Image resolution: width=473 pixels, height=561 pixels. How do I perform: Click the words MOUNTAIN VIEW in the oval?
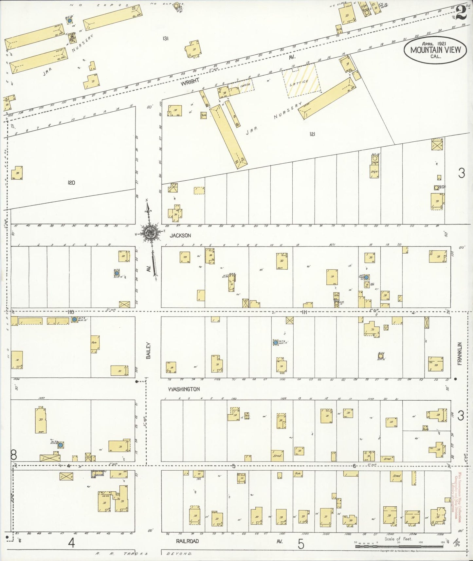pyautogui.click(x=435, y=50)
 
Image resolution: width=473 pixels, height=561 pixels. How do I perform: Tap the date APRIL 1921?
pyautogui.click(x=435, y=43)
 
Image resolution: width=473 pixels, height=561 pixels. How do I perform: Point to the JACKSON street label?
pyautogui.click(x=180, y=235)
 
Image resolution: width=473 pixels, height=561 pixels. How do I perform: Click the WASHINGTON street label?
pyautogui.click(x=184, y=389)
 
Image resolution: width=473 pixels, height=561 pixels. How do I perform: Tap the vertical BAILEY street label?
pyautogui.click(x=149, y=351)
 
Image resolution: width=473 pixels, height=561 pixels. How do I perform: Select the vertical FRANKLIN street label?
pyautogui.click(x=460, y=354)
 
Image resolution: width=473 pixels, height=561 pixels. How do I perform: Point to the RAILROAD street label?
pyautogui.click(x=187, y=541)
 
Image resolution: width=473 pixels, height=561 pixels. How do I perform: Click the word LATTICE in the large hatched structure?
pyautogui.click(x=299, y=81)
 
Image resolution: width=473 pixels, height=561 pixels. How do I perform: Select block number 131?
pyautogui.click(x=165, y=39)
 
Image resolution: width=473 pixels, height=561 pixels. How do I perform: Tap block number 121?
pyautogui.click(x=312, y=134)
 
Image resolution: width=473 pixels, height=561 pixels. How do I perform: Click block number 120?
pyautogui.click(x=71, y=183)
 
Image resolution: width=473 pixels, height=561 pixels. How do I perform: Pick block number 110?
pyautogui.click(x=70, y=312)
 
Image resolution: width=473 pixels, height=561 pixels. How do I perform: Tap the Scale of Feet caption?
pyautogui.click(x=398, y=539)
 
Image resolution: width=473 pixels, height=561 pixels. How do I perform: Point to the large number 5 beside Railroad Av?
pyautogui.click(x=301, y=544)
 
